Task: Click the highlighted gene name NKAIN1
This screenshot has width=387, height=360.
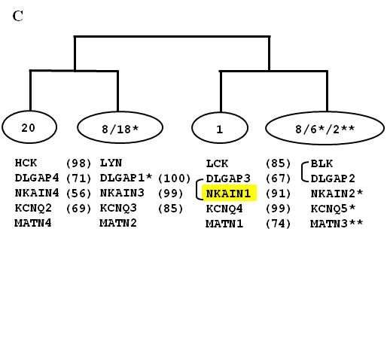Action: click(228, 194)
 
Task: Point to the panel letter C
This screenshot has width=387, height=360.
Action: click(18, 16)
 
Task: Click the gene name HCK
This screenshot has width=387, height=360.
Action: click(26, 163)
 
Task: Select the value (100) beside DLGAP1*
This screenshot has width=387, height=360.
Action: click(175, 178)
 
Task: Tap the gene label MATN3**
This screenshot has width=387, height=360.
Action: click(337, 223)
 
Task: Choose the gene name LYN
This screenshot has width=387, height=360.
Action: click(111, 163)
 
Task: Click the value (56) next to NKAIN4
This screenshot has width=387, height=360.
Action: click(78, 194)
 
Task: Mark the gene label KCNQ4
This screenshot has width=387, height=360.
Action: click(224, 209)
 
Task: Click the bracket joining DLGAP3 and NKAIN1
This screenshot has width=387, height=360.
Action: click(197, 190)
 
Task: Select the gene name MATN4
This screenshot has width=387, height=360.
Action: click(33, 223)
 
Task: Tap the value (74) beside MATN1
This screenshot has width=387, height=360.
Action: click(278, 224)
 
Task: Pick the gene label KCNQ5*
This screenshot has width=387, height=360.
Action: click(333, 209)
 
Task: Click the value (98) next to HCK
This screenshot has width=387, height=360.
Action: click(78, 163)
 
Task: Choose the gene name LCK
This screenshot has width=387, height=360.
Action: click(217, 163)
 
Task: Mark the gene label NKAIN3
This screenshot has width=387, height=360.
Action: click(122, 193)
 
